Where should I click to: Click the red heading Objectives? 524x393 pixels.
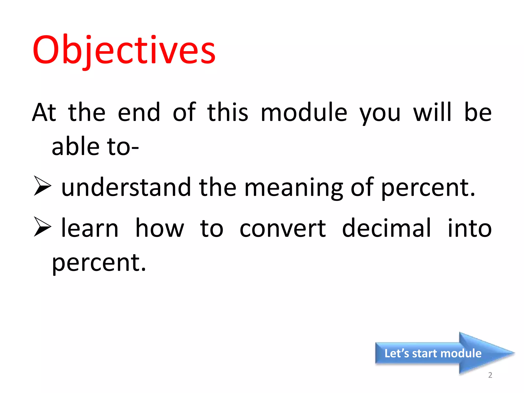124,50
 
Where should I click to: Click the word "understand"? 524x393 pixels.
126,187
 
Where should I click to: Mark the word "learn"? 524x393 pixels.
90,228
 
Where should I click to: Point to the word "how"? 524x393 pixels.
159,228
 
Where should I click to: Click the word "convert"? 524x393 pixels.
283,228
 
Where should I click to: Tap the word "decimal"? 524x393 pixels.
387,228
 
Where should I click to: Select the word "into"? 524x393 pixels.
470,228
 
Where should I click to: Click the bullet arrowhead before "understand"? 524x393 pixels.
42,186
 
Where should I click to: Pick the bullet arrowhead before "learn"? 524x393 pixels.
42,226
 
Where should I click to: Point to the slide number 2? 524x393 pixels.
490,375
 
